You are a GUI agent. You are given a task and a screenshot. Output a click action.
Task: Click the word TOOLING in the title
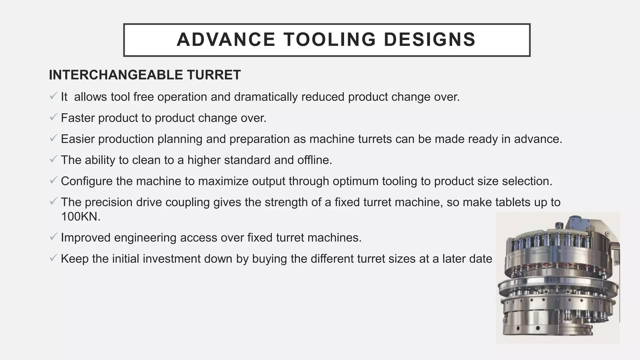coord(330,40)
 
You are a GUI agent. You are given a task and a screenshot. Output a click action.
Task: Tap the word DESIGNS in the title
coord(430,40)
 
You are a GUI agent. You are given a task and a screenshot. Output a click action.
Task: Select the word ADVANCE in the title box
coord(226,40)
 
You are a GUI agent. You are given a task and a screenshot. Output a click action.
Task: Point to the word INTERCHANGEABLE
coord(116,75)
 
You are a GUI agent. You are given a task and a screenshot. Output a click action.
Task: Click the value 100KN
coord(81,217)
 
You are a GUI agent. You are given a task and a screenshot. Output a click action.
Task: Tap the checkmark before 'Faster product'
coord(53,117)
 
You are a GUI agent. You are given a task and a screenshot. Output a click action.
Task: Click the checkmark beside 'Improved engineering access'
coord(53,237)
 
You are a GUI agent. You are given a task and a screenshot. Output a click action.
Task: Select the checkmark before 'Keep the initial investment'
coord(53,258)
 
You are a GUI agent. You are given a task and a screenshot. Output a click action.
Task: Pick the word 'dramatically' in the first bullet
coord(266,97)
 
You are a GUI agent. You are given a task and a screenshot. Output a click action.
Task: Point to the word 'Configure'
coord(87,181)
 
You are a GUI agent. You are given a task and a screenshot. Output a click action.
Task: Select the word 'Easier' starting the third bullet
coord(77,139)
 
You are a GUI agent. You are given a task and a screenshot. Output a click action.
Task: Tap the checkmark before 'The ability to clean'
coord(53,159)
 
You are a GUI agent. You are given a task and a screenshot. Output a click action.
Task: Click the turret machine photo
coord(557,278)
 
